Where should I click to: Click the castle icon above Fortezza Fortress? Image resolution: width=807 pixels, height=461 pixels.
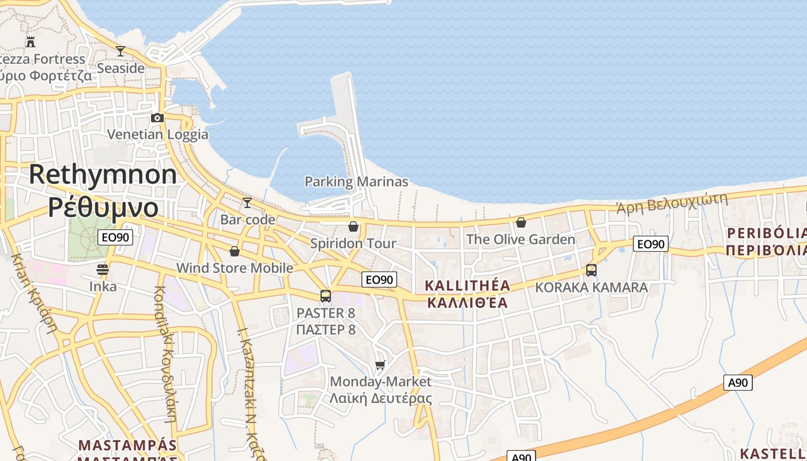pos(31,41)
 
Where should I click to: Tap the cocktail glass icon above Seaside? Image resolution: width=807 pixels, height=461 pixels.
pos(120,51)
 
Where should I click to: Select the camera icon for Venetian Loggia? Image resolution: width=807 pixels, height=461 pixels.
pos(157,118)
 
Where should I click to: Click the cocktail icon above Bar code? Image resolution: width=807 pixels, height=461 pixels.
pos(247,202)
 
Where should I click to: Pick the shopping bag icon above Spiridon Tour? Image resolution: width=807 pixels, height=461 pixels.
pos(353,226)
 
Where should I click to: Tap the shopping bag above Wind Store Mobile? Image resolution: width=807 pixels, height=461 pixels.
pos(235,251)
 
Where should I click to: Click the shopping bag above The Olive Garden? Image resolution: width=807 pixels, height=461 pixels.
pos(521,222)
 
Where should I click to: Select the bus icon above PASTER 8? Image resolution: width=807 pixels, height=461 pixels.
pos(326,296)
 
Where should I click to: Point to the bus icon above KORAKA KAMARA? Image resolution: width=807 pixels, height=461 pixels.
pos(591,270)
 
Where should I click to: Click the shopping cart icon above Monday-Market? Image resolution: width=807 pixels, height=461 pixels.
pos(380,365)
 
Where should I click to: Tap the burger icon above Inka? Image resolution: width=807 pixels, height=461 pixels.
pos(103,269)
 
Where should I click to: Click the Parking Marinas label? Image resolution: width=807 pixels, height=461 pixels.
pos(356,182)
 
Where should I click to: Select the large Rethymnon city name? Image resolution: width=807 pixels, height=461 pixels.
pos(103,175)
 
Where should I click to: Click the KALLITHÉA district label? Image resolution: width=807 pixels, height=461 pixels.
pos(467,286)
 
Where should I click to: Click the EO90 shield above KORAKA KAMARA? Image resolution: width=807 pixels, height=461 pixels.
pos(651,244)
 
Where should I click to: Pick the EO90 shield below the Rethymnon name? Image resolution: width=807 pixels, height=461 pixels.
pos(116,237)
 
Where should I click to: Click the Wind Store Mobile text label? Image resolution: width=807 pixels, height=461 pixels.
pos(235,268)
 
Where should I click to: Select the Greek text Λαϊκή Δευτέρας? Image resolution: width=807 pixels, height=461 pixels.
pos(380,398)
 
